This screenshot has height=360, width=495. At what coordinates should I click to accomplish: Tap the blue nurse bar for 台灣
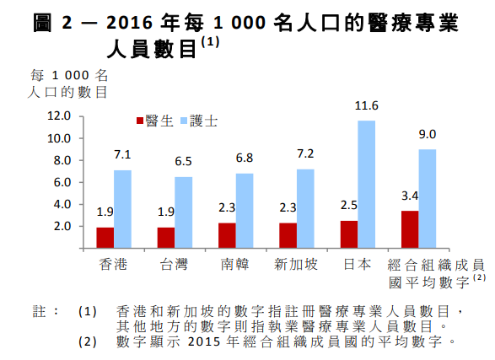(184, 212)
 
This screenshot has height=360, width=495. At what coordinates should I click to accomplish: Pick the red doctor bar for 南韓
(227, 235)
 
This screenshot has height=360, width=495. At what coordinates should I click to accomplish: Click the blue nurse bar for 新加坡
(305, 208)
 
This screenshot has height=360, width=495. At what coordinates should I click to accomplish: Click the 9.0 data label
(428, 134)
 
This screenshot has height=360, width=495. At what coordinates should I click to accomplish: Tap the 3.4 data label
(409, 196)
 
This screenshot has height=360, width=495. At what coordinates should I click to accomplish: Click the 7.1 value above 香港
(123, 155)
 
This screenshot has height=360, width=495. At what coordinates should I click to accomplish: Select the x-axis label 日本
(358, 265)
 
